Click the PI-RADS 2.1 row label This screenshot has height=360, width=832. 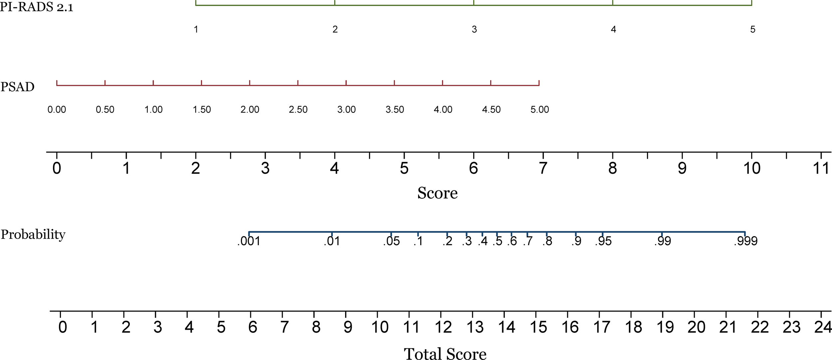click(37, 7)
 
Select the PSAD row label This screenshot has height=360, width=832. click(18, 87)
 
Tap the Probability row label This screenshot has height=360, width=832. click(33, 235)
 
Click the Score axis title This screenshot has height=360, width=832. click(437, 193)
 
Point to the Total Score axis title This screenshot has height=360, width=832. click(445, 353)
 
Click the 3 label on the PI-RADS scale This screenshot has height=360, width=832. click(474, 30)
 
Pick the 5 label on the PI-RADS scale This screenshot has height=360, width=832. click(752, 30)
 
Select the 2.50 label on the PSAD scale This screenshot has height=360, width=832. click(298, 109)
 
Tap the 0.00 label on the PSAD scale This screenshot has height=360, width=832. click(57, 109)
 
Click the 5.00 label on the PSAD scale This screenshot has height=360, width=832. click(539, 109)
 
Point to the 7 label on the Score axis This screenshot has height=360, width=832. click(543, 168)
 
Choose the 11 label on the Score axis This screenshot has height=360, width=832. click(821, 168)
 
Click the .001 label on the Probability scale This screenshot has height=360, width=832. click(249, 241)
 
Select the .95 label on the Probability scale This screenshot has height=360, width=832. click(603, 241)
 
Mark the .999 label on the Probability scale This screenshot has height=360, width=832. click(745, 241)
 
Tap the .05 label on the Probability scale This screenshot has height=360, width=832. click(391, 241)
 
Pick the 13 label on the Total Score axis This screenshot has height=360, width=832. click(475, 327)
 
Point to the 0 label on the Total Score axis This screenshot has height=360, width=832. click(63, 327)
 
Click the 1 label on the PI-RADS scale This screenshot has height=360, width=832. click(196, 30)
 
